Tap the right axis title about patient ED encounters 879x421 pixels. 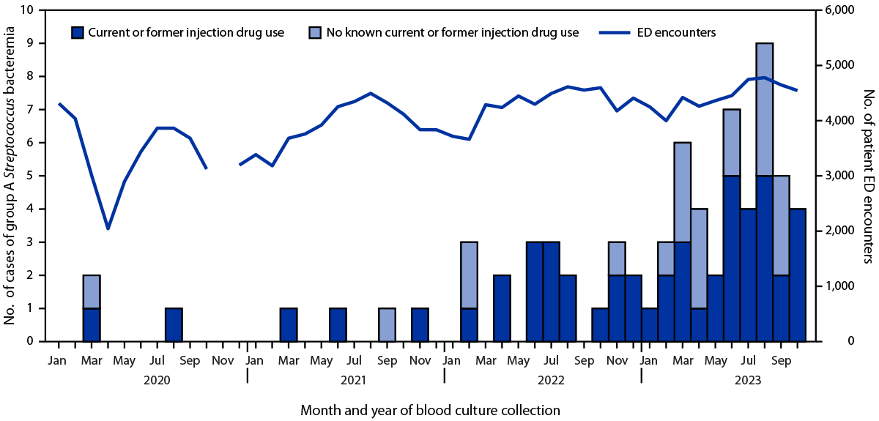click(x=868, y=176)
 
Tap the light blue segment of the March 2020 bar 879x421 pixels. click(x=92, y=291)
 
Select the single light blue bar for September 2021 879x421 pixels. click(x=387, y=324)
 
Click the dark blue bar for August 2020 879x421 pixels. click(x=174, y=324)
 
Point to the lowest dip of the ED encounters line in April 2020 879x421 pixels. click(x=108, y=228)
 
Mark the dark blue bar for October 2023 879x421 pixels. click(x=797, y=275)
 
